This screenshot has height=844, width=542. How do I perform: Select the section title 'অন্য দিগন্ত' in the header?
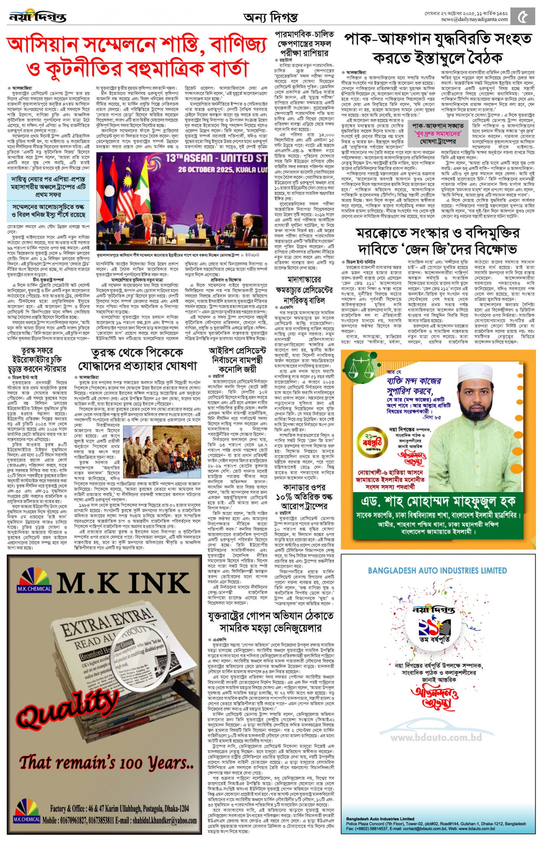point(270,17)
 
